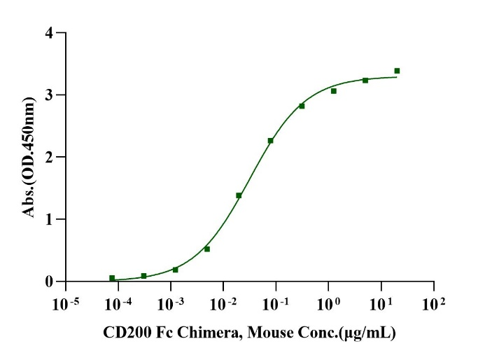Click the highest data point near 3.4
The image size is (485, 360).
pyautogui.click(x=397, y=71)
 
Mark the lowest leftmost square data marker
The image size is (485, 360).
pyautogui.click(x=112, y=278)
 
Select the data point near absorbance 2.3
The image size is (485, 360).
pyautogui.click(x=270, y=141)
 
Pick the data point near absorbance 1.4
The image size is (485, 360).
pyautogui.click(x=239, y=195)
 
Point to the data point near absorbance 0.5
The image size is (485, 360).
pyautogui.click(x=207, y=249)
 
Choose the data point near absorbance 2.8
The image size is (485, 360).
pyautogui.click(x=302, y=106)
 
